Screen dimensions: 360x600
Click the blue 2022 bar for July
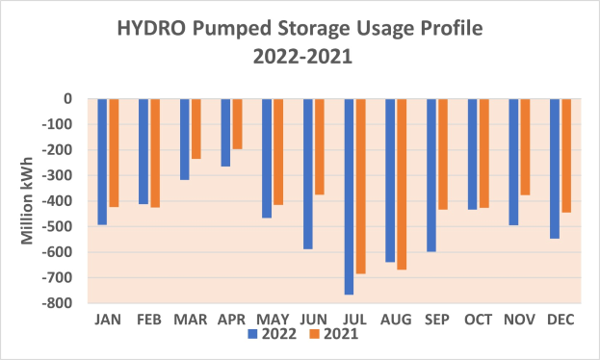pos(349,196)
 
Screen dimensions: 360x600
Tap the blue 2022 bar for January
pos(102,161)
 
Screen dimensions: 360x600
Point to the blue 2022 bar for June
pos(308,173)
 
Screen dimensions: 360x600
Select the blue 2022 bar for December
pos(555,168)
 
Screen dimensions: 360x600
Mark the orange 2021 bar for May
pos(278,151)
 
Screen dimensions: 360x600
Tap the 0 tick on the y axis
pos(67,98)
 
